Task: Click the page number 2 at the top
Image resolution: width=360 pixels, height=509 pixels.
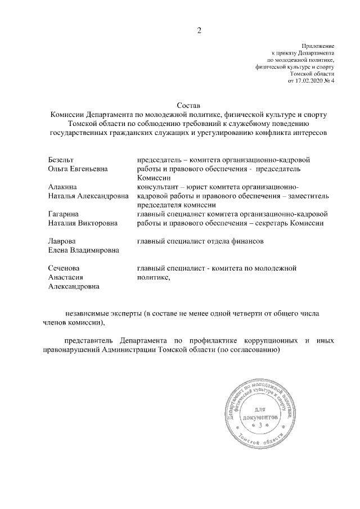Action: [199, 30]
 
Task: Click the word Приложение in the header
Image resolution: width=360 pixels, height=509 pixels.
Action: [318, 46]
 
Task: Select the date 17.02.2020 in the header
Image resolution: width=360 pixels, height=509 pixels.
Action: [308, 82]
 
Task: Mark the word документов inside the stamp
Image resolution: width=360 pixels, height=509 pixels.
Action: [260, 418]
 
